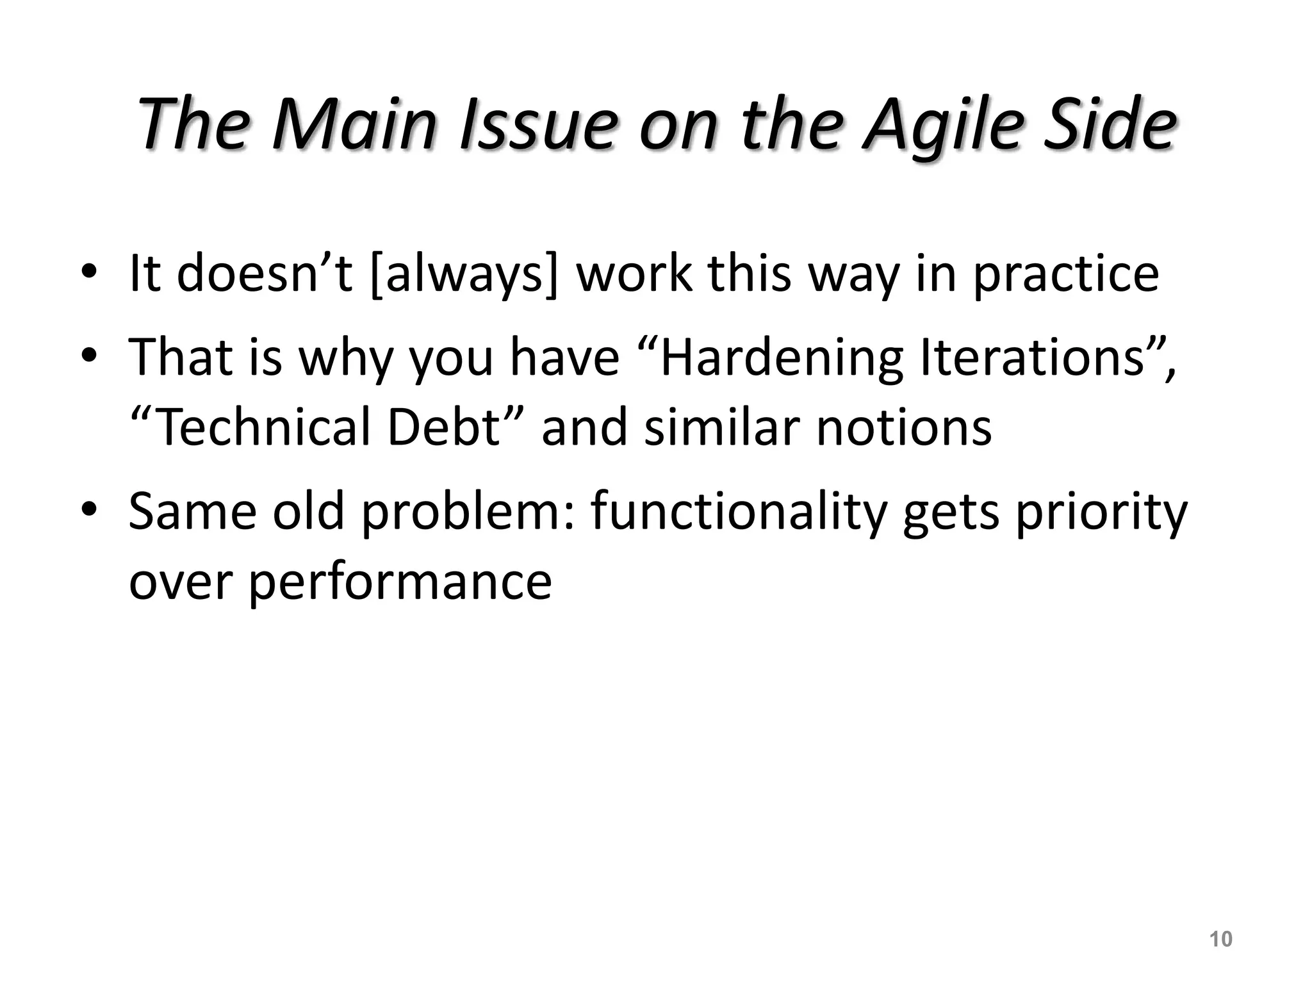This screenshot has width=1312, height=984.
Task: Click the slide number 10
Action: point(1220,939)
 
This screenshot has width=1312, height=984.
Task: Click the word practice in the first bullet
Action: point(1066,274)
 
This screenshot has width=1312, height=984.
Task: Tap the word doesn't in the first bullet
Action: point(265,274)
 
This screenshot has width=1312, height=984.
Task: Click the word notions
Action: point(904,427)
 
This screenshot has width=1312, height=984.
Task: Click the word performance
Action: point(400,582)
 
